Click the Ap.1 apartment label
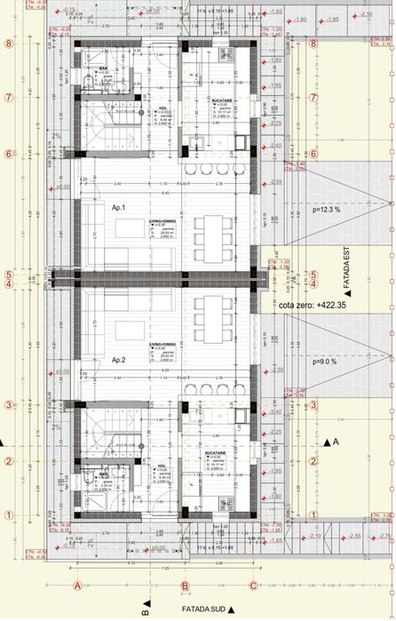click(x=118, y=207)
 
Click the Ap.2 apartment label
click(x=118, y=362)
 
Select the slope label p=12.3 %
click(x=327, y=209)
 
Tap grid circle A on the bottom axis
click(x=77, y=585)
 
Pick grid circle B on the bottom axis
click(x=185, y=585)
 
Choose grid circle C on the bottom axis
click(x=253, y=585)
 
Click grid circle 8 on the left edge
click(x=7, y=43)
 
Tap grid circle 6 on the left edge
click(x=7, y=153)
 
